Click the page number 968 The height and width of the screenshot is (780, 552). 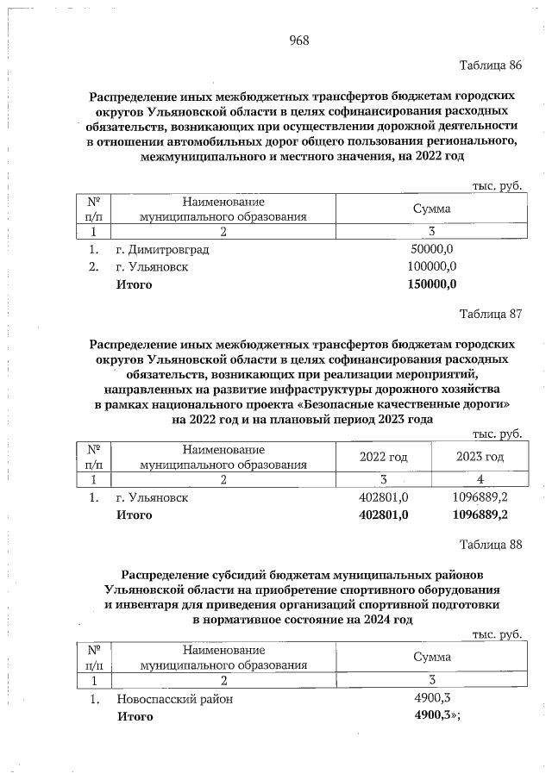point(298,41)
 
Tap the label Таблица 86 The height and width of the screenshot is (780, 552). point(492,66)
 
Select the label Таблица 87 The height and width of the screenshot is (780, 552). point(492,312)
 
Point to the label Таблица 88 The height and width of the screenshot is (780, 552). point(492,544)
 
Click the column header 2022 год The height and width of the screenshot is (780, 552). point(383,456)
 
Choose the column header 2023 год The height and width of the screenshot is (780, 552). point(480,456)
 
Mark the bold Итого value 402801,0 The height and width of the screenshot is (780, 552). point(382,515)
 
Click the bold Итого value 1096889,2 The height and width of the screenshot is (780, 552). point(480,515)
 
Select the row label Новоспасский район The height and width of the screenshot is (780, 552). point(175,699)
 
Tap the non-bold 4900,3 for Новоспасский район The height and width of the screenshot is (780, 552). point(433,699)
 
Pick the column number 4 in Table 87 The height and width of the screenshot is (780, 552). point(480,478)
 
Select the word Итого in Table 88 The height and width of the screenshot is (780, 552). point(135,716)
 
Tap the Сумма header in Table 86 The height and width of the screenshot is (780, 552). point(432,209)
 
